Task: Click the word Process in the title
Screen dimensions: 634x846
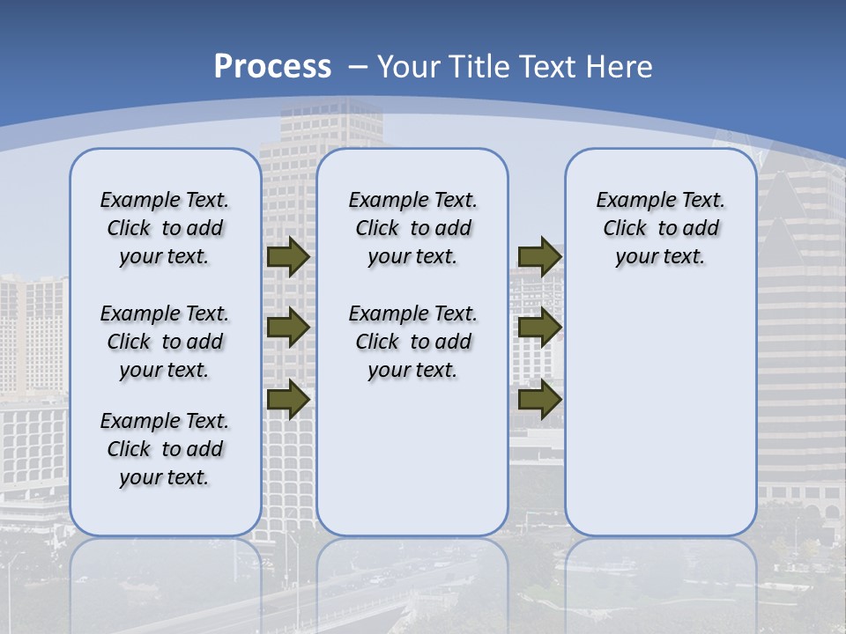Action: pyautogui.click(x=272, y=67)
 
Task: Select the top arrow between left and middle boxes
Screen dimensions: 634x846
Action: pyautogui.click(x=287, y=256)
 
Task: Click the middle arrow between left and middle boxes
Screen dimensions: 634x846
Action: pyautogui.click(x=287, y=328)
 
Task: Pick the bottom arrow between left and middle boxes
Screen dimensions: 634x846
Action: pyautogui.click(x=287, y=398)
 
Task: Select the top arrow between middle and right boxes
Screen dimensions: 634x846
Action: pyautogui.click(x=539, y=256)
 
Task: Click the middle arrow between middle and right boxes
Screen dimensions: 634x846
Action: pyautogui.click(x=539, y=328)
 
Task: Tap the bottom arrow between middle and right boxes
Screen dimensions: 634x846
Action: pyautogui.click(x=539, y=400)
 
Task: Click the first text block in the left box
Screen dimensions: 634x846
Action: pyautogui.click(x=165, y=228)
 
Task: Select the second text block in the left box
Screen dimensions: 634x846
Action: pyautogui.click(x=165, y=342)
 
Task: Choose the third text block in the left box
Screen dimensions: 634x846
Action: pyautogui.click(x=165, y=449)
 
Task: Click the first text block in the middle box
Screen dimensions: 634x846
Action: pyautogui.click(x=412, y=228)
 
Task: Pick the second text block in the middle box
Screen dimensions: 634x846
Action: pyautogui.click(x=412, y=342)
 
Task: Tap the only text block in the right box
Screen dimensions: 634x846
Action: pyautogui.click(x=660, y=228)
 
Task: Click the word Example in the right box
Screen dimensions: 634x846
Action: pyautogui.click(x=628, y=201)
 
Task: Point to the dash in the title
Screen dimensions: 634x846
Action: pyautogui.click(x=358, y=67)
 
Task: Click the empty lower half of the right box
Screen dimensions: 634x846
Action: pyautogui.click(x=660, y=423)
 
